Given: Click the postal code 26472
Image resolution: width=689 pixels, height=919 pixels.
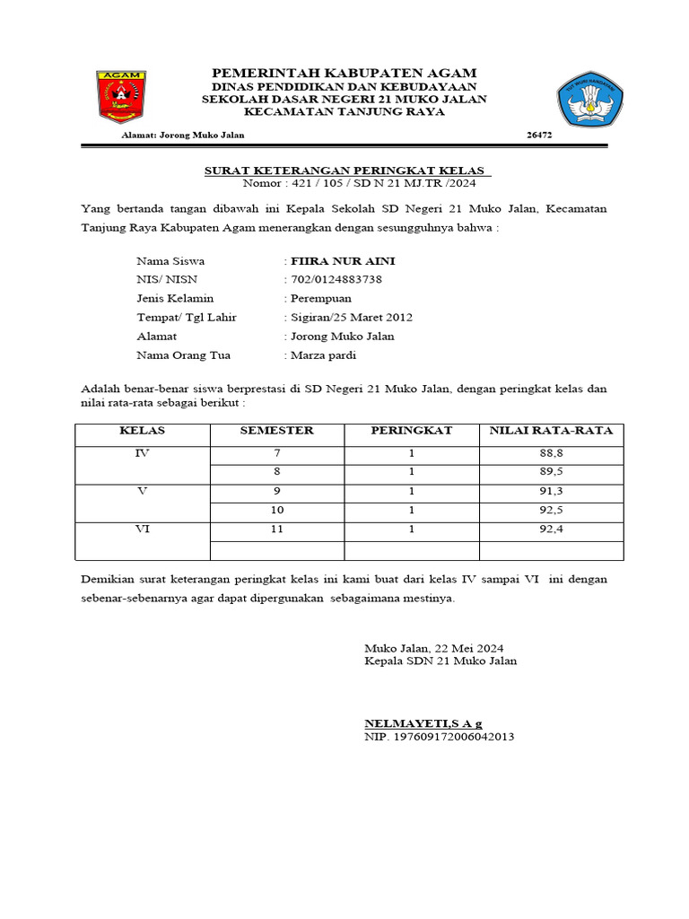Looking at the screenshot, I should [539, 136].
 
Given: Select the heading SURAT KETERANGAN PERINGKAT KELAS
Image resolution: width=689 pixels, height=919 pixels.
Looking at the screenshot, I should [344, 171].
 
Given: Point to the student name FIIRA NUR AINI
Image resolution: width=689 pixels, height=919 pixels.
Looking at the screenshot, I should [341, 261].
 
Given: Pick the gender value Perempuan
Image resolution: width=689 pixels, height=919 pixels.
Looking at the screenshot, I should [320, 298].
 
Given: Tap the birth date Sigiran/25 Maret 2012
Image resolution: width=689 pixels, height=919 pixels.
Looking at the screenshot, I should [350, 318].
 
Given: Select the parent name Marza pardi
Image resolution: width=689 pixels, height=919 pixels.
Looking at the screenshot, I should [323, 355].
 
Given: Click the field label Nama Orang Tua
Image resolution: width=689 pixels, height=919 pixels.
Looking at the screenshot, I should [183, 355].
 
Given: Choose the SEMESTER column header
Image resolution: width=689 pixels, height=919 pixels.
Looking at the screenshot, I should [276, 431].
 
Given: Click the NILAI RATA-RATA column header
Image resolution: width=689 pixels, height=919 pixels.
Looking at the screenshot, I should [551, 431].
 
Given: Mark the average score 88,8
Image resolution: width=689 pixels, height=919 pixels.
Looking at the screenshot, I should [551, 454].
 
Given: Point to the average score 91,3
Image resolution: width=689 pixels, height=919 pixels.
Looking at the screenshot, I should [551, 492].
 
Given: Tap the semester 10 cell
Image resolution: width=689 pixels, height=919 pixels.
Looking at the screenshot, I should [276, 511].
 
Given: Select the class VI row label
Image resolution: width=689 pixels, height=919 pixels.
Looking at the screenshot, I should [142, 530].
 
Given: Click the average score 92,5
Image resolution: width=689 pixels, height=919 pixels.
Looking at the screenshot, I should [551, 511].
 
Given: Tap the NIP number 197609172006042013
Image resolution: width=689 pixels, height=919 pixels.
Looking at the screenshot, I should [439, 737].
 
